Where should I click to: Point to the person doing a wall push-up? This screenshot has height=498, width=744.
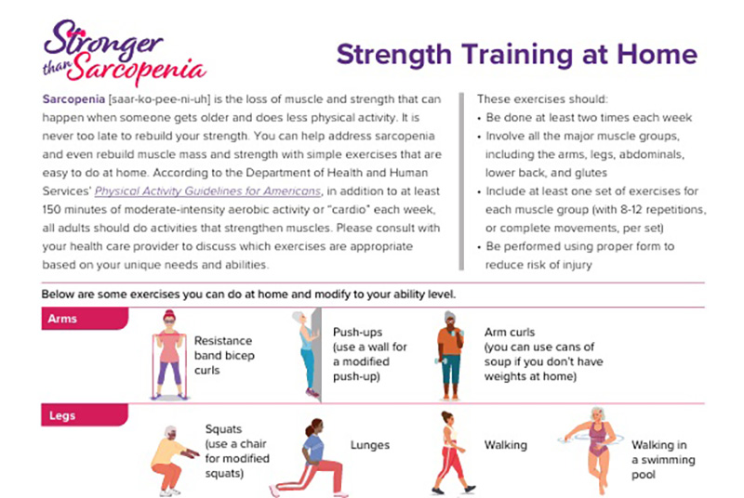[x=306, y=354]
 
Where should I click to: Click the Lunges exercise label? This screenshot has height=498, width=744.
[x=371, y=446]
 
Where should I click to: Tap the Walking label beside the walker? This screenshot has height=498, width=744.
[x=505, y=446]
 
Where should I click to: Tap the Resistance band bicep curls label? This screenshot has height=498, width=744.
[x=222, y=355]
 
